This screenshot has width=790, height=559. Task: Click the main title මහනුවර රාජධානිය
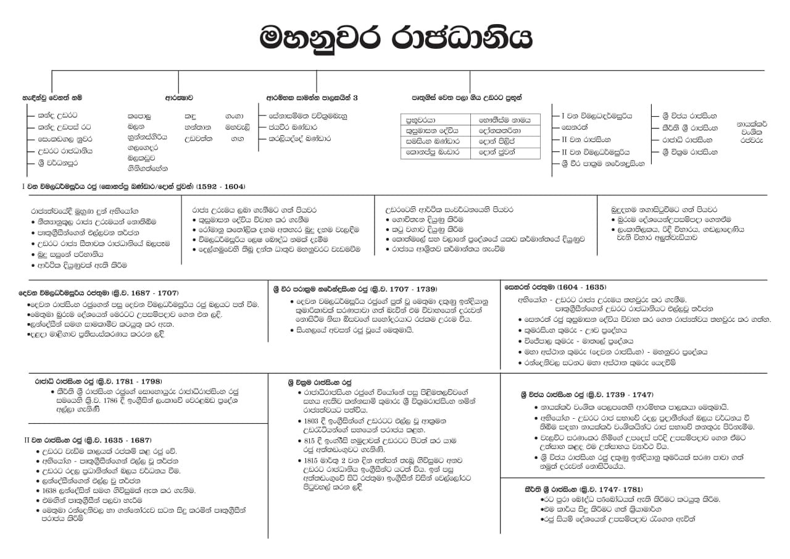pos(395,38)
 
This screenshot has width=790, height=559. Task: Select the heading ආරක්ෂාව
pos(179,98)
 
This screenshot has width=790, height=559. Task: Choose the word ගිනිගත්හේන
pos(148,168)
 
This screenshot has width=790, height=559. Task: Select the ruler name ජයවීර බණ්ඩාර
pos(299,127)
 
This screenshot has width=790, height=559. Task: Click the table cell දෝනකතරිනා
pos(500,131)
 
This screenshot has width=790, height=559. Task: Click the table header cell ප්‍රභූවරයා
pos(421,120)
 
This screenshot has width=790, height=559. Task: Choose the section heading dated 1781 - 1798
pos(98,382)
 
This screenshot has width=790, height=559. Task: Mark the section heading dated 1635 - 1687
pos(87,440)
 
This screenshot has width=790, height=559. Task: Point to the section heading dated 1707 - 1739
pos(355,288)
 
